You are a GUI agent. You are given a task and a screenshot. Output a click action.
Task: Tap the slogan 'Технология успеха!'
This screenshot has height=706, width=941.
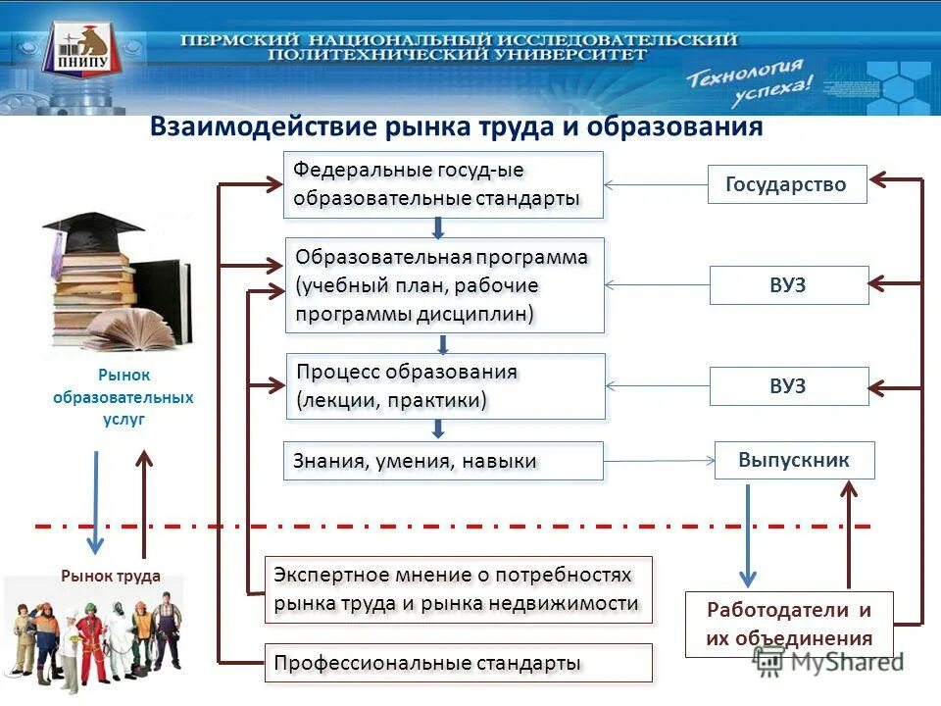[750, 83]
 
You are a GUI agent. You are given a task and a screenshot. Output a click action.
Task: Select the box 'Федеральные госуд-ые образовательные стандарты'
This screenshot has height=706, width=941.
[443, 184]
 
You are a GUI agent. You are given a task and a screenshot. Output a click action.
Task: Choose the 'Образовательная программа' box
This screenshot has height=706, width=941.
[444, 284]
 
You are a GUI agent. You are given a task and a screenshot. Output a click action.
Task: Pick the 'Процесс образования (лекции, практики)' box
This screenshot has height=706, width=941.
[445, 386]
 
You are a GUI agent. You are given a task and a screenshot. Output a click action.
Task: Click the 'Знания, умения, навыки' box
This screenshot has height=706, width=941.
[443, 461]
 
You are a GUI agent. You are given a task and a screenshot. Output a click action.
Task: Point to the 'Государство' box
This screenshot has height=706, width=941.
[787, 184]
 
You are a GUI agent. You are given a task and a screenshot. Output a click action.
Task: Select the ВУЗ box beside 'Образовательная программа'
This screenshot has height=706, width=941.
[788, 285]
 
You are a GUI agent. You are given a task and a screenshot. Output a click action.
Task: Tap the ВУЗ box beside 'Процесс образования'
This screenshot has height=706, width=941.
[788, 386]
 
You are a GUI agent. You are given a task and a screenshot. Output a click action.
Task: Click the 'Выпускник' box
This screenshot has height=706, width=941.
[794, 460]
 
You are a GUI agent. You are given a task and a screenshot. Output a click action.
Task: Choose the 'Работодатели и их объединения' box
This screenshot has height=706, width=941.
[789, 625]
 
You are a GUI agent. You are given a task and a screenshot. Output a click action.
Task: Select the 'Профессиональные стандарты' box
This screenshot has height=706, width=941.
[458, 663]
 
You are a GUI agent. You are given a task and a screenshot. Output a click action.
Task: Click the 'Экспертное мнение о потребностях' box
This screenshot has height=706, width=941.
[458, 589]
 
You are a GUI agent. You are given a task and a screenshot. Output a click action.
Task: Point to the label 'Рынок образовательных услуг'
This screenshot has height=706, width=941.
[124, 396]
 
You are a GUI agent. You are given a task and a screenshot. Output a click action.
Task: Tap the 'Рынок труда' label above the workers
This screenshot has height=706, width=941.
[110, 577]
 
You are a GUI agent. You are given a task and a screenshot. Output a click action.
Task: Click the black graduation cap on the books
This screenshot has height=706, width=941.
[92, 230]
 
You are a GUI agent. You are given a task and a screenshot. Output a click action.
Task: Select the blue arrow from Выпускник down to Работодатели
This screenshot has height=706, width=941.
[747, 534]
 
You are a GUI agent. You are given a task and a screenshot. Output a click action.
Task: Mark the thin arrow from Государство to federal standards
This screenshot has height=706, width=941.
[656, 184]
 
